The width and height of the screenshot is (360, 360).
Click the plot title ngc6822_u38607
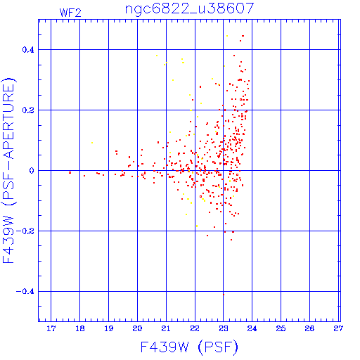189,8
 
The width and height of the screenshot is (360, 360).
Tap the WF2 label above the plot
70,13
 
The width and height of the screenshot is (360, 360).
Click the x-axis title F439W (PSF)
189,347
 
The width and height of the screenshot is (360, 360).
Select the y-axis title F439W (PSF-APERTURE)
8,171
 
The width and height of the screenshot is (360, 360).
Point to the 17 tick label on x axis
51,328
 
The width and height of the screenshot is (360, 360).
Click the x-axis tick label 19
108,328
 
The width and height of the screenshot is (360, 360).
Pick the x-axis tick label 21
166,328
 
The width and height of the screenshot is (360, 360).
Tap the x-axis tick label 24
252,328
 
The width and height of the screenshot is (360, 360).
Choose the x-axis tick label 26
309,328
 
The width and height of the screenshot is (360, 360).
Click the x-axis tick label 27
338,328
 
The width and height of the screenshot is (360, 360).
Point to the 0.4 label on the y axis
28,50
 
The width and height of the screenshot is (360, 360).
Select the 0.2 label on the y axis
28,110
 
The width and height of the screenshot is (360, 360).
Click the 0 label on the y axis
32,171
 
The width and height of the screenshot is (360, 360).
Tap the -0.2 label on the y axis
25,231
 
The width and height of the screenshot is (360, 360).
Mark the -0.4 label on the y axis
25,292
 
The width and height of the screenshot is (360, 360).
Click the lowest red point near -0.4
224,295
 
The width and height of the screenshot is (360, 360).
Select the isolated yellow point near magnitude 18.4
92,143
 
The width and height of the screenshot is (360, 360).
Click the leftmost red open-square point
70,173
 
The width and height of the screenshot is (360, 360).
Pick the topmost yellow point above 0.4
227,36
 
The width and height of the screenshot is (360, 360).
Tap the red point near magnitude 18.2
84,176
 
